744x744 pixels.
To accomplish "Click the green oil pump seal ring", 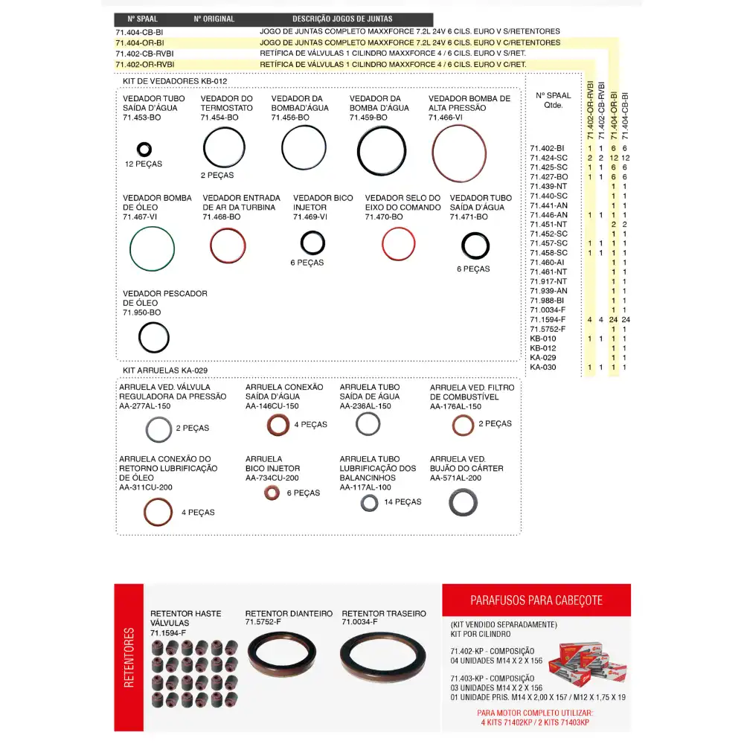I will (x=152, y=248).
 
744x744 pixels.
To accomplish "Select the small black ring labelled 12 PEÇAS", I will (x=144, y=150).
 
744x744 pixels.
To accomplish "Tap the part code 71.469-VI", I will (x=310, y=217).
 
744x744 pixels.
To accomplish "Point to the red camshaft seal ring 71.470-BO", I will (x=398, y=244).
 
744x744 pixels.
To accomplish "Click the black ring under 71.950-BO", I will (x=154, y=338).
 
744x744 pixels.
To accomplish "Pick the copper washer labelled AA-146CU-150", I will (x=278, y=425).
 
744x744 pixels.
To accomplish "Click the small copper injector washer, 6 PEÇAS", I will (x=272, y=493).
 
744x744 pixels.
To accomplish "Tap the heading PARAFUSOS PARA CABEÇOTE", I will (x=536, y=600).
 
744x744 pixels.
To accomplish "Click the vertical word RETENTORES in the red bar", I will (x=129, y=658).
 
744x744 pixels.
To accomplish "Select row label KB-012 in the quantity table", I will (x=542, y=348).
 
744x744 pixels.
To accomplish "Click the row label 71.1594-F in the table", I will (x=548, y=319).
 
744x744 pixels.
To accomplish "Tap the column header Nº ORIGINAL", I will (x=214, y=19).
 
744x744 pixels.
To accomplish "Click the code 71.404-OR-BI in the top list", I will (x=139, y=43).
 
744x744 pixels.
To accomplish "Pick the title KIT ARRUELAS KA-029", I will (x=165, y=370).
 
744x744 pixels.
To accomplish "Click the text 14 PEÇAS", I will (x=403, y=502).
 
